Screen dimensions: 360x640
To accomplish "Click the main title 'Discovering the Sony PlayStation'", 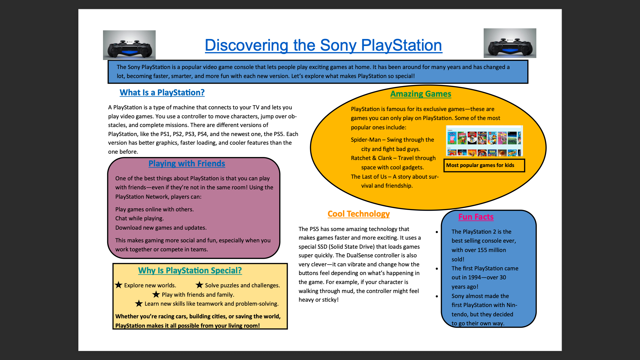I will pyautogui.click(x=323, y=45).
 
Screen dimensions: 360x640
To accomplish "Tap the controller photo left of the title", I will pyautogui.click(x=129, y=45).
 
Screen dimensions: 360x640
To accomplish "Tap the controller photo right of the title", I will pyautogui.click(x=510, y=43).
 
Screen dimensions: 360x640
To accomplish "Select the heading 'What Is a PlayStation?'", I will pyautogui.click(x=162, y=92).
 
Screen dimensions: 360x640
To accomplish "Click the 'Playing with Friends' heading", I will pyautogui.click(x=187, y=163).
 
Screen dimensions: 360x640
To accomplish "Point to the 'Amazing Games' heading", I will pyautogui.click(x=421, y=94).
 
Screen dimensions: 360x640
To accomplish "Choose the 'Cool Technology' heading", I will pyautogui.click(x=359, y=214).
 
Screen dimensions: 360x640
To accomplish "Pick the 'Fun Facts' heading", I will pyautogui.click(x=476, y=217).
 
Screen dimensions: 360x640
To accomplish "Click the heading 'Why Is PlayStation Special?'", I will pyautogui.click(x=190, y=270).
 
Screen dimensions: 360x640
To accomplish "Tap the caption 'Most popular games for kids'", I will pyautogui.click(x=480, y=165).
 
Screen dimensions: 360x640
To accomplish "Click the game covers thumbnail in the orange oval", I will pyautogui.click(x=484, y=141).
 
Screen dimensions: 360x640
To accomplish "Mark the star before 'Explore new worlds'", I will pyautogui.click(x=119, y=285).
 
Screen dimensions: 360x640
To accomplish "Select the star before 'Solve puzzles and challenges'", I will pyautogui.click(x=199, y=285).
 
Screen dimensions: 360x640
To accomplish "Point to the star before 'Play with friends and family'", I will pyautogui.click(x=156, y=294).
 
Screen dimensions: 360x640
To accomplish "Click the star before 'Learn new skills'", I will pyautogui.click(x=139, y=303).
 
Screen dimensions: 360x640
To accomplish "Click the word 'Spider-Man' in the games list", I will pyautogui.click(x=366, y=140).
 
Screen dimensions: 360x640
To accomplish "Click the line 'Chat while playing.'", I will pyautogui.click(x=139, y=218).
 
